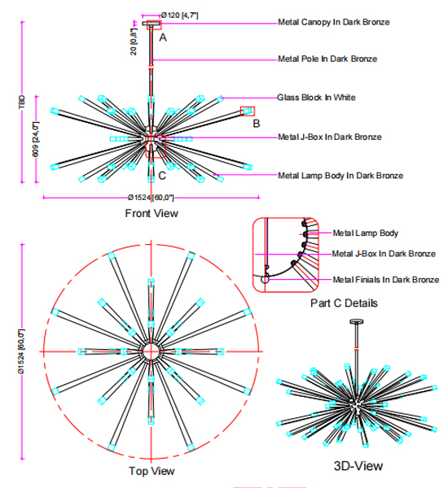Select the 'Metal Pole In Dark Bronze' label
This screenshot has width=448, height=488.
pyautogui.click(x=327, y=59)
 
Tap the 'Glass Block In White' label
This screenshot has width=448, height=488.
pyautogui.click(x=316, y=98)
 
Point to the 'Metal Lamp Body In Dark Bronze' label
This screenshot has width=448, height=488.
pyautogui.click(x=340, y=175)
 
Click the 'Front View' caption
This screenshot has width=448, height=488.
pyautogui.click(x=151, y=214)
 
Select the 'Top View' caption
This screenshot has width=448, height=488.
pyautogui.click(x=152, y=471)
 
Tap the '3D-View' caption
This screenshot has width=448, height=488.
pyautogui.click(x=358, y=466)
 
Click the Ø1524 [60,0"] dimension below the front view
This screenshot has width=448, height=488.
pyautogui.click(x=152, y=198)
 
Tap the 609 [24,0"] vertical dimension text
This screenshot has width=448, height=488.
pyautogui.click(x=36, y=140)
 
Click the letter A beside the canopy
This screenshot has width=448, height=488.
pyautogui.click(x=163, y=37)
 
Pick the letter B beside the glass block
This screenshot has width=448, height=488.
pyautogui.click(x=256, y=124)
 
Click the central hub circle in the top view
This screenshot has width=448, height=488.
pyautogui.click(x=152, y=351)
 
